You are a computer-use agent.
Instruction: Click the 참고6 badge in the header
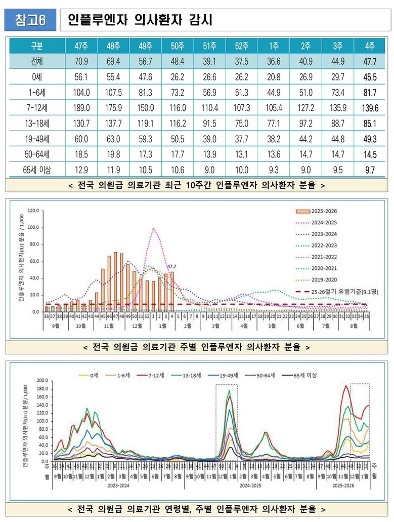[x=30, y=20]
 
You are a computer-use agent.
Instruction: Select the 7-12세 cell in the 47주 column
[x=81, y=108]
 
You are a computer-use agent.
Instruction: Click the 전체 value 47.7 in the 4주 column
[x=369, y=61]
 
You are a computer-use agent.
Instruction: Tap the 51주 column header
[x=209, y=47]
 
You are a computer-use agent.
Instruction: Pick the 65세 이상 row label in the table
[x=37, y=170]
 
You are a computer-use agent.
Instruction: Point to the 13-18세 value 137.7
[x=113, y=123]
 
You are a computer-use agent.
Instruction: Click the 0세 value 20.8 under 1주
[x=274, y=77]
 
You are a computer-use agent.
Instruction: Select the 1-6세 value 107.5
[x=113, y=92]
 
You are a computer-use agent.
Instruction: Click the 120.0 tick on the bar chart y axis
[x=33, y=210]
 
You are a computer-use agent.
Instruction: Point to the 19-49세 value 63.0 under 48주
[x=113, y=139]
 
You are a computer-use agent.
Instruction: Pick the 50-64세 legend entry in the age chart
[x=262, y=375]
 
